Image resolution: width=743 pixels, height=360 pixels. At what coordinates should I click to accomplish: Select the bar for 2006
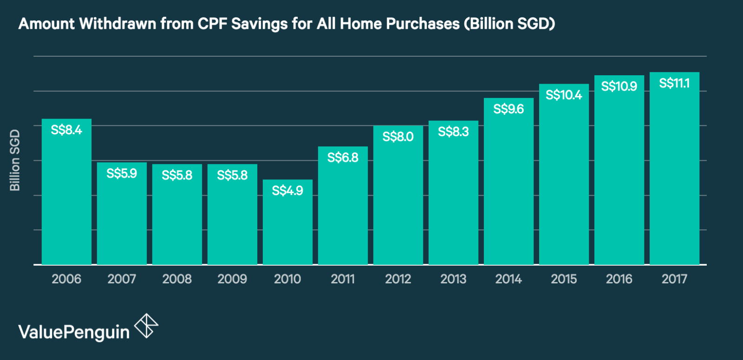point(66,195)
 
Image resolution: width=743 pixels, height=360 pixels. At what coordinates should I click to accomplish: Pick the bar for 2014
point(508,186)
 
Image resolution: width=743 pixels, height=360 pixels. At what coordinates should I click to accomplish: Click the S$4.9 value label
point(287,190)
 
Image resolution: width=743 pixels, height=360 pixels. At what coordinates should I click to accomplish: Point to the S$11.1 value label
point(674,84)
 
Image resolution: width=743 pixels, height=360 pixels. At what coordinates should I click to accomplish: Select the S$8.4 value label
point(66,130)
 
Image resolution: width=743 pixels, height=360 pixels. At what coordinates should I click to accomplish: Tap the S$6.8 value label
point(343,157)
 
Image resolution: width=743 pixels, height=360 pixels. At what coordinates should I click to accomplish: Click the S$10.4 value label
point(564,95)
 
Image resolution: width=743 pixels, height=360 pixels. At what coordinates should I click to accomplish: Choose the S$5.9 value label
point(122,174)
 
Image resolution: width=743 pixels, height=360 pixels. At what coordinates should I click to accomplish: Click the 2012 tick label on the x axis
point(398,279)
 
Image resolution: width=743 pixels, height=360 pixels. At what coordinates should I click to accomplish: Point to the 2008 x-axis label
point(177,279)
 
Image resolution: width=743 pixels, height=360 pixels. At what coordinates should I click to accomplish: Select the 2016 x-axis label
point(619,279)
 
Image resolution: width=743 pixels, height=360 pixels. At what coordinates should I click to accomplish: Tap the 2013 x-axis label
point(453,279)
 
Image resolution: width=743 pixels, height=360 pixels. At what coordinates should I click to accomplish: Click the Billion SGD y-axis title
point(15,160)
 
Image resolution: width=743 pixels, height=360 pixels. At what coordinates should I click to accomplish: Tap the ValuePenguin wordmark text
point(74,333)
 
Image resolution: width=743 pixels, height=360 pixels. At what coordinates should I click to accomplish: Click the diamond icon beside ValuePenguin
point(146,326)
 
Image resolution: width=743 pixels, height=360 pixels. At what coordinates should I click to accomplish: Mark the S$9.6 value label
point(508,109)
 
